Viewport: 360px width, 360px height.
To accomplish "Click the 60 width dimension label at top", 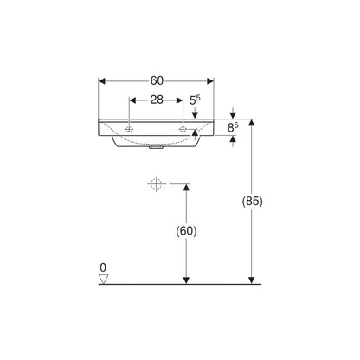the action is (157, 81).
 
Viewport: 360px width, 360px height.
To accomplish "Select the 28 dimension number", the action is (157, 100).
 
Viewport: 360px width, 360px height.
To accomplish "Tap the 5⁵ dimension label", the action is (195, 100).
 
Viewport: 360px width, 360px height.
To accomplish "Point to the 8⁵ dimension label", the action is (233, 127).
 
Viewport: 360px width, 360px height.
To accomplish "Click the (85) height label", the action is (252, 201).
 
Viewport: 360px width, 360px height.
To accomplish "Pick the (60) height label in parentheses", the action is (186, 231).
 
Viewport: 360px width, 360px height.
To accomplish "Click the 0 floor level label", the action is (103, 267).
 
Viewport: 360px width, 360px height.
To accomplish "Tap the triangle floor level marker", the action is (103, 279).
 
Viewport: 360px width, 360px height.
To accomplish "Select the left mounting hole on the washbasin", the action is (129, 129).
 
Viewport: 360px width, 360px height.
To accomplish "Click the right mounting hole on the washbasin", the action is (183, 129).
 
